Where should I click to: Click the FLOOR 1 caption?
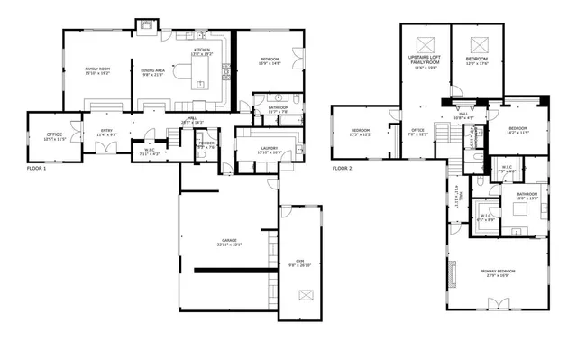pos(37,168)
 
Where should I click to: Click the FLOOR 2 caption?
pos(342,168)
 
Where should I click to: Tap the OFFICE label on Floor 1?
pos(55,134)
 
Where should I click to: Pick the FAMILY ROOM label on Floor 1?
pos(97,69)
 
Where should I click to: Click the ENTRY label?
pos(106,130)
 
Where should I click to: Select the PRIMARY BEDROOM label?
pos(495,272)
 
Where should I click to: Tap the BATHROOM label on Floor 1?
pos(278,108)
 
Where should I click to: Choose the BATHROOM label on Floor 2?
pos(527,193)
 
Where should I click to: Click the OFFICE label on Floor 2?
pos(417,130)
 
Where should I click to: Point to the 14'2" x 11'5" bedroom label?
pos(517,133)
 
